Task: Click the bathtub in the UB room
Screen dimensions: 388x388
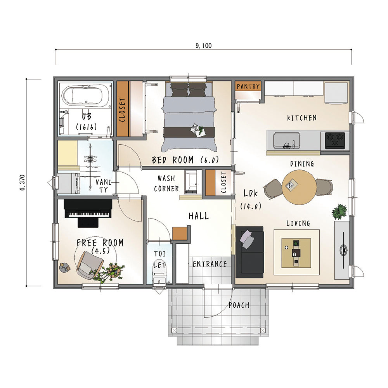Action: tap(86, 96)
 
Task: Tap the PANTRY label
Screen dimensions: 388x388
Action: tap(248, 87)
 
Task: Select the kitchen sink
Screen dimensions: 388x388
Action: tap(287, 141)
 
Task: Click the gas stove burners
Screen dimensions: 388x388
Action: tap(335, 140)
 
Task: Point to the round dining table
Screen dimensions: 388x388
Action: tap(299, 187)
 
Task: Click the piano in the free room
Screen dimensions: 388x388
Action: tap(88, 213)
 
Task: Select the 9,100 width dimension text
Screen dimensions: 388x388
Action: tap(203, 45)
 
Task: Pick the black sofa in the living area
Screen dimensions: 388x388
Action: tap(249, 252)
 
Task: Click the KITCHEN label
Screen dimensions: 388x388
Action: tap(301, 118)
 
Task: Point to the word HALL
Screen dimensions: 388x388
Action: tap(199, 216)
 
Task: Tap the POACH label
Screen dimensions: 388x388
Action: tap(239, 305)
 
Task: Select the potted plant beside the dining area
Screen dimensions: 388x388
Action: tap(339, 211)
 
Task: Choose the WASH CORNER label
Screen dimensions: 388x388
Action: tap(166, 184)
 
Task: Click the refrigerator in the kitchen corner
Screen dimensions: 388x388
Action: tap(336, 93)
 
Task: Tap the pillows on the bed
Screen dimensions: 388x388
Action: tap(189, 89)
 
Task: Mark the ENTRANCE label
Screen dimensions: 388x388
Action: tap(210, 264)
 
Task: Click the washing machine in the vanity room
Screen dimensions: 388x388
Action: tap(69, 184)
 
